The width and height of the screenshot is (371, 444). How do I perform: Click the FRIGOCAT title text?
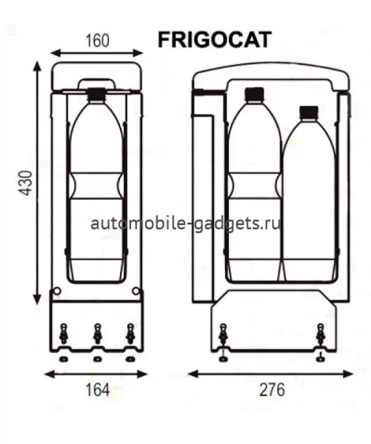coord(214,39)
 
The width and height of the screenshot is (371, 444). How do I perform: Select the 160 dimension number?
coord(97,41)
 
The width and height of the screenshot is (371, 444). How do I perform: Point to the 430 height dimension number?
coord(25,184)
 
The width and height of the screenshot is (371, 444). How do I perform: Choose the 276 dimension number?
coord(272,389)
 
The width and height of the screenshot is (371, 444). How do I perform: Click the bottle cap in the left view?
coord(96,93)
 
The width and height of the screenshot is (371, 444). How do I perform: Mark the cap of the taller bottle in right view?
coord(254,93)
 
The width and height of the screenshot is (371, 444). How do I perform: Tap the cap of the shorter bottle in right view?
coord(308,112)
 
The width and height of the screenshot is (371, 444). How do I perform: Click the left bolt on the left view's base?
coord(64,334)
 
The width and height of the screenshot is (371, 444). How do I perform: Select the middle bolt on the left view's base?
coord(97,334)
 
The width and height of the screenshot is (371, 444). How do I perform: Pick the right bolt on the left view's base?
coord(130,334)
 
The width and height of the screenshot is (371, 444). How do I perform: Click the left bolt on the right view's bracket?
coord(223,337)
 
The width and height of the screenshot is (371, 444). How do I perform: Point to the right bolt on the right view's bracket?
coord(320,337)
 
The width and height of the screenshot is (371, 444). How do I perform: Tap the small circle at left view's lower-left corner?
coord(57,291)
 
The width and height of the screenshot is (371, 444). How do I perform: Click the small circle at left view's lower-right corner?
coord(136,291)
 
